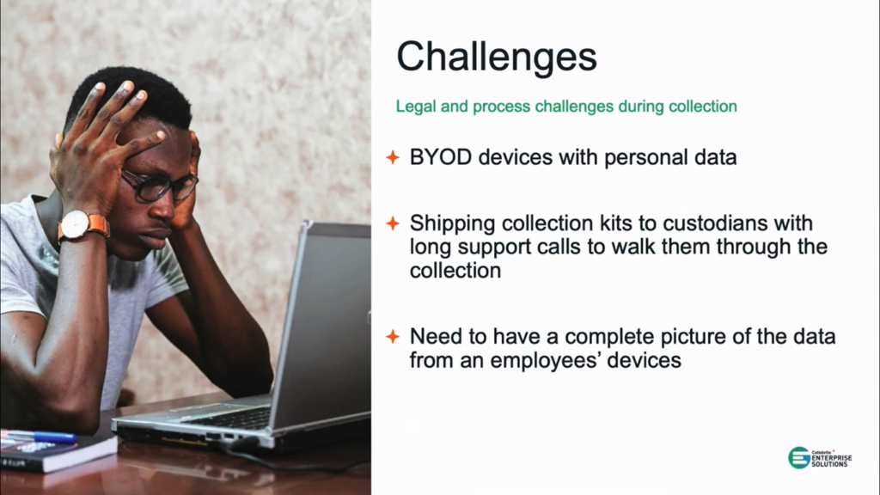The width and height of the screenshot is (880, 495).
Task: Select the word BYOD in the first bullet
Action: point(441,157)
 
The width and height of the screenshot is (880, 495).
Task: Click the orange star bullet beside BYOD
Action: point(393,158)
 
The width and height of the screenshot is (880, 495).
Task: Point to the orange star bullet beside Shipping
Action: point(393,223)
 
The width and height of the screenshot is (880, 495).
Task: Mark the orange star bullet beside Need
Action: point(393,337)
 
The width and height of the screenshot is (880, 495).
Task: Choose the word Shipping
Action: point(452,224)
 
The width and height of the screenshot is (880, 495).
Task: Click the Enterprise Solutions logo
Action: point(819,458)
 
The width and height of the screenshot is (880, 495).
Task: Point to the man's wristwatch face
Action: point(76,225)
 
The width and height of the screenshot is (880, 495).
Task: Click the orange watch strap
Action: point(99,226)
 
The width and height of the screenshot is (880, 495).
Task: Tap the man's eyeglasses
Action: point(160,186)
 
